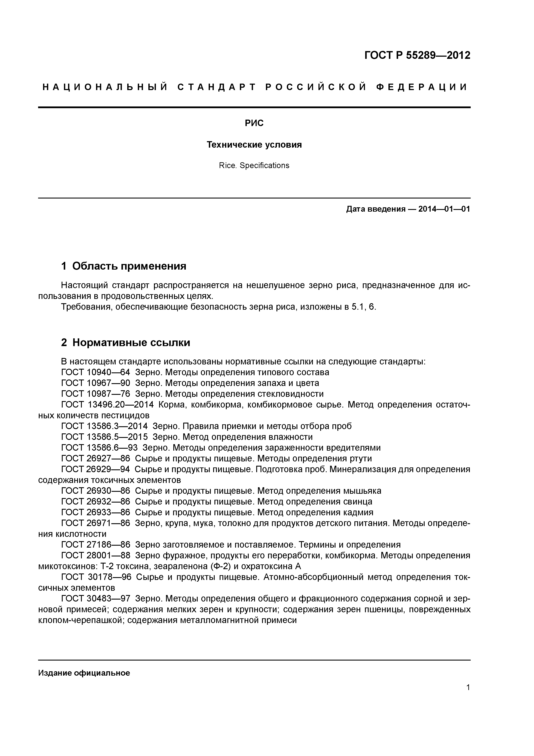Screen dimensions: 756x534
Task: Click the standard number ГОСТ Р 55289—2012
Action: [x=417, y=55]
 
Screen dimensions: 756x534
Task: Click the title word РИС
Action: [x=254, y=123]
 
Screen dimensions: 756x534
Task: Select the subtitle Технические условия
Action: [x=254, y=145]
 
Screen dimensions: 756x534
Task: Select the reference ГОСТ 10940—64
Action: [x=95, y=372]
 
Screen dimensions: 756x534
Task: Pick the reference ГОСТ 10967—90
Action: [x=95, y=383]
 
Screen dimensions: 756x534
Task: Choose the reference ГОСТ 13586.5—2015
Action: [x=104, y=437]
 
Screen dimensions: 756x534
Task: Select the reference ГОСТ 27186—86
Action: [x=95, y=545]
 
